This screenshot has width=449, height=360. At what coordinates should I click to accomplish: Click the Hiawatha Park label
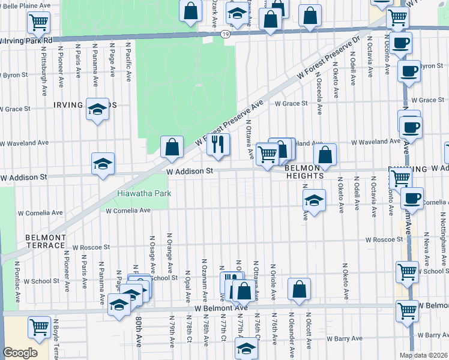click(144, 193)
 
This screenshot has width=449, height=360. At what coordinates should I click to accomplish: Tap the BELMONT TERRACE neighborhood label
click(46, 242)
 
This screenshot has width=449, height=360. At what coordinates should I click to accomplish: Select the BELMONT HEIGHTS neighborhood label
click(304, 172)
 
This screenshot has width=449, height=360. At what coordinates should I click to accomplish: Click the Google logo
click(20, 353)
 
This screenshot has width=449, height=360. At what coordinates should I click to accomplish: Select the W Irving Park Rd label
click(28, 40)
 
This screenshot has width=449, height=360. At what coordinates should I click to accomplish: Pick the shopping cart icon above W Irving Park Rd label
click(38, 22)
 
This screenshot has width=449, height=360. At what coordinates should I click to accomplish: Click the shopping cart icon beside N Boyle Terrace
click(39, 327)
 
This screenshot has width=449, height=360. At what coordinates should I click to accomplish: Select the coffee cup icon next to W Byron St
click(409, 70)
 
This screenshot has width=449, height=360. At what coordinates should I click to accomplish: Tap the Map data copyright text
click(423, 355)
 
